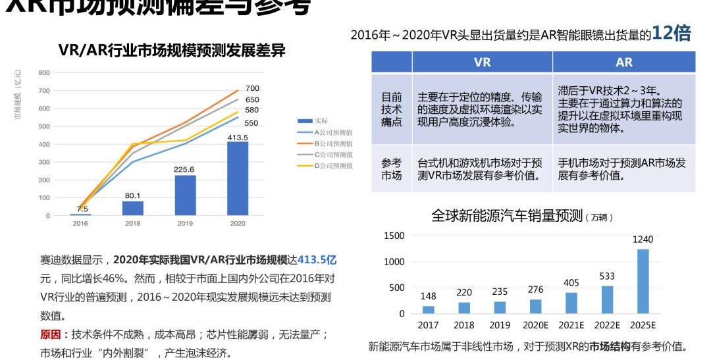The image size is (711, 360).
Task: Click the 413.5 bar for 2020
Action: point(238,178)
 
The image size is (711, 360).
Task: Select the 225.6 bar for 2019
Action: point(185,195)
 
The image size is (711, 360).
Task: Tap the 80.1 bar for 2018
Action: point(133,208)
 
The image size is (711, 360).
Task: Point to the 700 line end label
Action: point(253,88)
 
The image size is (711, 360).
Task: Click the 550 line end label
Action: point(251,123)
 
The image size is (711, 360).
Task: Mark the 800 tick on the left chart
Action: point(44,72)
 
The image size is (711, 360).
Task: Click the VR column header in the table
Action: point(482,63)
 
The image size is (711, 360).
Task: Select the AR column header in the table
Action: point(623,63)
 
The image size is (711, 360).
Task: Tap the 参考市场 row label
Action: point(392,169)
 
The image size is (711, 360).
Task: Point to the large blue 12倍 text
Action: point(671,34)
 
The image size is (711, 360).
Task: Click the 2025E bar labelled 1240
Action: point(643,281)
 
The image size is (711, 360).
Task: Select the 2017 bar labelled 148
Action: point(429,309)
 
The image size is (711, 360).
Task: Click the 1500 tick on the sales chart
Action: point(394,236)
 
